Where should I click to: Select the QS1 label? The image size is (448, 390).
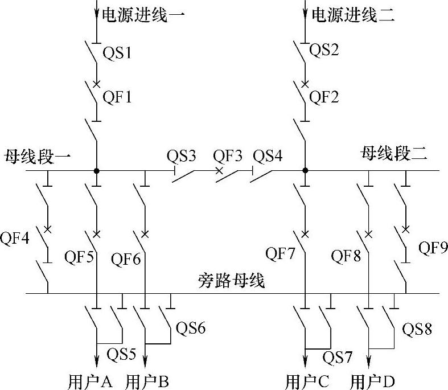[117, 54]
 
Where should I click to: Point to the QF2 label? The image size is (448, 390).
[324, 97]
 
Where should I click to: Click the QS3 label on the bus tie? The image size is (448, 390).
[182, 155]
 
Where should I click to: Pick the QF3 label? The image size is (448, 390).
[228, 155]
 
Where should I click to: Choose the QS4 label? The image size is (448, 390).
[268, 155]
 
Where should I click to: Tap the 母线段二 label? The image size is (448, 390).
[393, 153]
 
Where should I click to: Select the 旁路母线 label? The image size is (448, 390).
[232, 280]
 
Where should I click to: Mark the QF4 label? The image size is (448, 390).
[18, 237]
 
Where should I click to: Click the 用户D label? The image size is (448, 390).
[373, 380]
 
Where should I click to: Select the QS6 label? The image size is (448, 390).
[191, 329]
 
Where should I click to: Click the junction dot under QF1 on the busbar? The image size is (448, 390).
[97, 170]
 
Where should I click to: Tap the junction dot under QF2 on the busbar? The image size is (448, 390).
[305, 170]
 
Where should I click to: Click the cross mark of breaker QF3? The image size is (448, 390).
[219, 170]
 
